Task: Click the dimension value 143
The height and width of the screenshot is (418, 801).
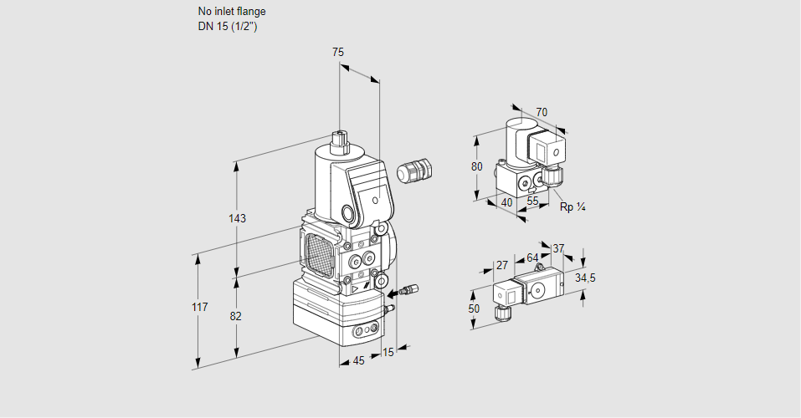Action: click(x=237, y=218)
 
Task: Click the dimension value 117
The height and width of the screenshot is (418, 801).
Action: click(x=198, y=308)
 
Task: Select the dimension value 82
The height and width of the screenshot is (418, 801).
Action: click(x=237, y=316)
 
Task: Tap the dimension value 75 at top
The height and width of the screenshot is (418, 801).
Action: click(x=337, y=53)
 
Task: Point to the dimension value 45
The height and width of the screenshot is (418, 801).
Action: click(x=358, y=361)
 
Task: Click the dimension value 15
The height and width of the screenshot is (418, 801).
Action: click(x=388, y=353)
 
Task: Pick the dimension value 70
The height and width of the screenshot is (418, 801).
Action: click(x=542, y=113)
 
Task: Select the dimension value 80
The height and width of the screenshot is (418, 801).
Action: click(x=477, y=166)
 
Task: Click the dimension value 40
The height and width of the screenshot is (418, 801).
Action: click(x=506, y=201)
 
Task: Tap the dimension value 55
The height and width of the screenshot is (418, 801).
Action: click(x=533, y=201)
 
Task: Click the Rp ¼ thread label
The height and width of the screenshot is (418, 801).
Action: click(x=573, y=206)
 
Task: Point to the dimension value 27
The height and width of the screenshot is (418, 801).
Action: click(x=502, y=265)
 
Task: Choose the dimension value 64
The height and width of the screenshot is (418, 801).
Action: click(x=532, y=257)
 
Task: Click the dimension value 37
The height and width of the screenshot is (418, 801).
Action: click(x=559, y=248)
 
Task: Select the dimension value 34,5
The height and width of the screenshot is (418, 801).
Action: click(x=585, y=278)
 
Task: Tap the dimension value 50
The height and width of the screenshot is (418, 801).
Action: click(x=474, y=308)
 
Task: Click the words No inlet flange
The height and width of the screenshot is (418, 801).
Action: click(x=232, y=12)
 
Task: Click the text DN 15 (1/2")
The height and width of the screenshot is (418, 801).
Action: click(x=227, y=26)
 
